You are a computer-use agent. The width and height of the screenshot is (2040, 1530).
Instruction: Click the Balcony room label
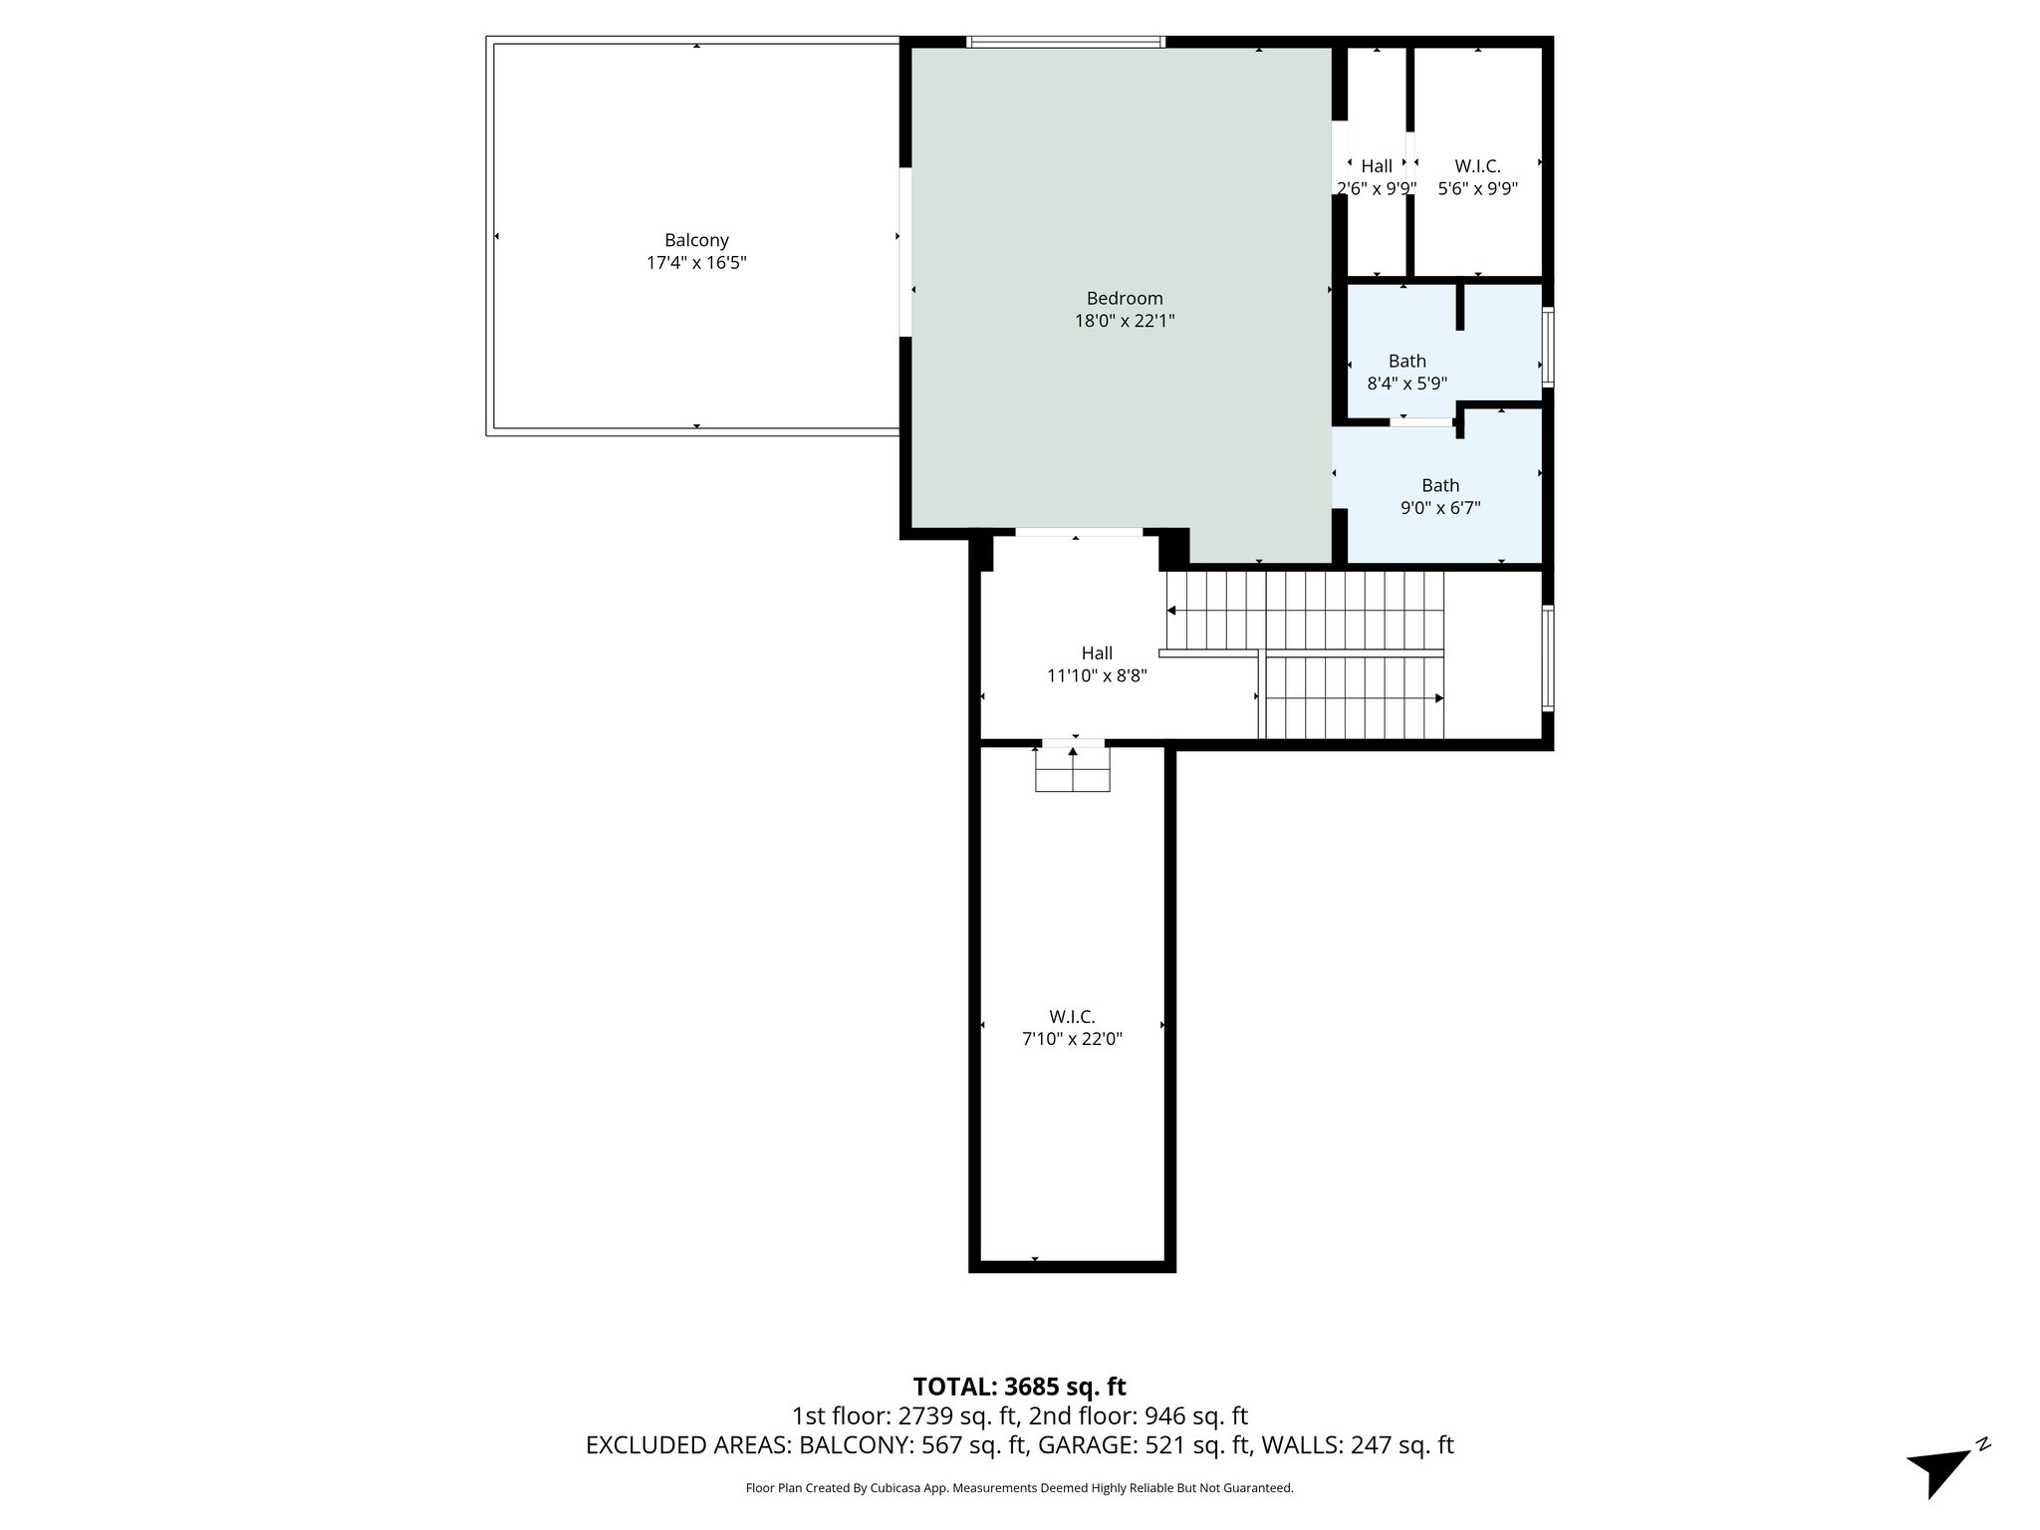696,240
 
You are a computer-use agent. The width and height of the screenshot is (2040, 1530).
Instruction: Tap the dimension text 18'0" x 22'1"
1124,321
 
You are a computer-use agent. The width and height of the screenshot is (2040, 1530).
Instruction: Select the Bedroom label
1124,298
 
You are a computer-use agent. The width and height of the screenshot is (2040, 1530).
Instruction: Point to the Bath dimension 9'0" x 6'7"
1440,508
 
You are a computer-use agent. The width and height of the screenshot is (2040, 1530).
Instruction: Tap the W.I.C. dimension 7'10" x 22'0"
1072,1039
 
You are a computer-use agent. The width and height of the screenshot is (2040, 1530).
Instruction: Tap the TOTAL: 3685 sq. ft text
1019,1387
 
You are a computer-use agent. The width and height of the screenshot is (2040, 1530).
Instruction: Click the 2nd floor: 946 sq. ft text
1138,1416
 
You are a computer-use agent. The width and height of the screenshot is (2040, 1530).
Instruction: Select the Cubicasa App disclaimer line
1019,1488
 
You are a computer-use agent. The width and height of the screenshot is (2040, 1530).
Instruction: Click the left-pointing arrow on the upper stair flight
1172,611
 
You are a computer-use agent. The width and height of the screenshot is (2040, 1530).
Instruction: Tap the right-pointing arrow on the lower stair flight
1437,698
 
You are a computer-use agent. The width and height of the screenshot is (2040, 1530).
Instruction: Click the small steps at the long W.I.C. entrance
1073,769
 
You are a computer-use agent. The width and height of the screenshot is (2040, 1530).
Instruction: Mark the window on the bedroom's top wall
1066,42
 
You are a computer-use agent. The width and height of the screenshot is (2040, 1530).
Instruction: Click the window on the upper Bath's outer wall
1548,347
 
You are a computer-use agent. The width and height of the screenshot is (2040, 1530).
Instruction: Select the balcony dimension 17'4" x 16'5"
696,263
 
